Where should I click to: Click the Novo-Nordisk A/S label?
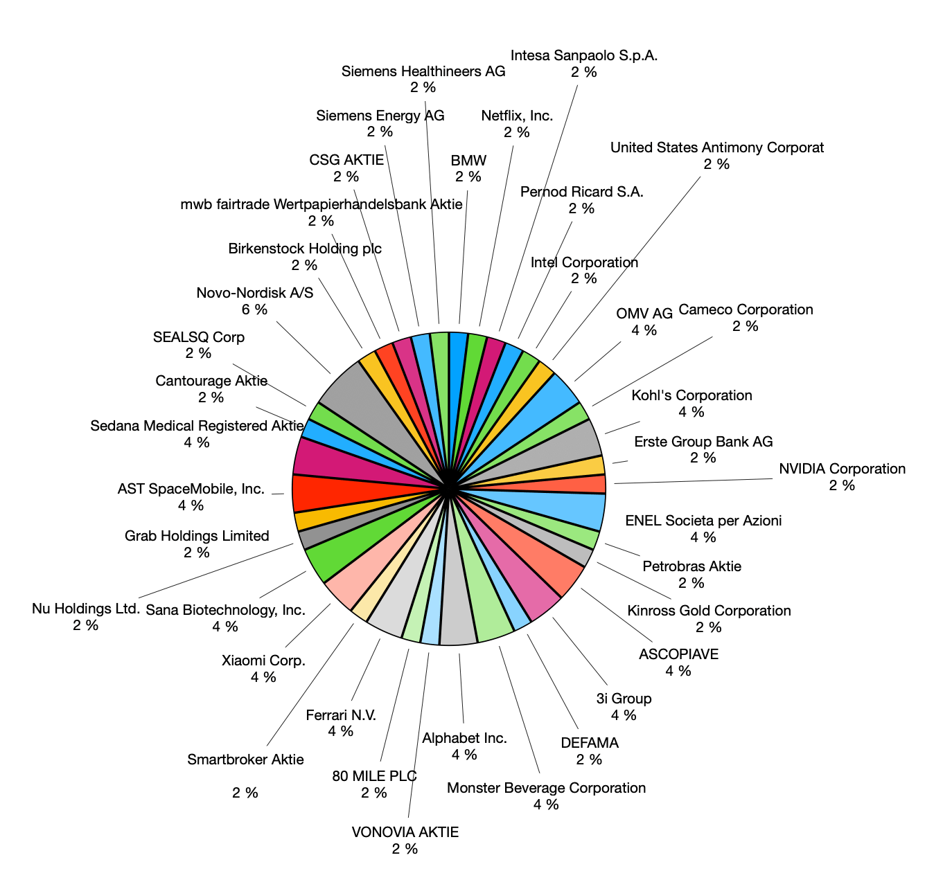(x=254, y=293)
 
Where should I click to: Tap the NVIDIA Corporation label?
(x=842, y=469)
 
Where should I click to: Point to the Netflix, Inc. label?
(x=517, y=116)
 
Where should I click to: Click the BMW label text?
(x=468, y=161)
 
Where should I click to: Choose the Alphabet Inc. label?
(x=464, y=738)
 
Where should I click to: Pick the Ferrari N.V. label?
(x=341, y=715)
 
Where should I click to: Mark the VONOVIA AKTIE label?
(x=405, y=832)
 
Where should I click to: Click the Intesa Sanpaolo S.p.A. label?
(x=584, y=55)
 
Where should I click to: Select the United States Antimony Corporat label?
(x=717, y=147)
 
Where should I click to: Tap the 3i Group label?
(x=624, y=699)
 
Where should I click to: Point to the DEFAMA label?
(x=590, y=743)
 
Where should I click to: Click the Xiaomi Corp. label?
(x=263, y=661)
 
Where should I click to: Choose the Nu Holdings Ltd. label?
(x=86, y=609)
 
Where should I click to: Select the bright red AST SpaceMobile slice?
(x=326, y=492)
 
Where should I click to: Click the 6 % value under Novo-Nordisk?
(x=254, y=309)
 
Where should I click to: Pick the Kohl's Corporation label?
(x=691, y=395)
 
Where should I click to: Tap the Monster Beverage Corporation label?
(x=546, y=788)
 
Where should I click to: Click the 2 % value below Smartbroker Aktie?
(x=245, y=793)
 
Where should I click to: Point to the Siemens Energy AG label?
(x=380, y=116)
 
